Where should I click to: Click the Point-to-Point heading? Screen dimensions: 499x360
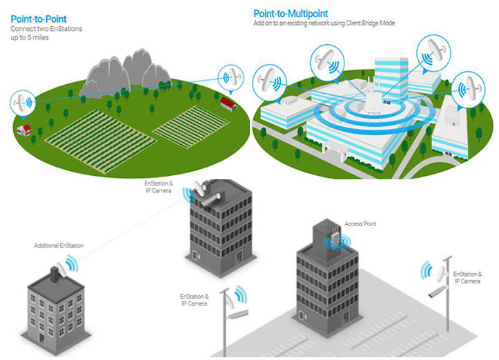39,19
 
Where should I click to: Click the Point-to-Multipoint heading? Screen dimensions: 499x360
291,14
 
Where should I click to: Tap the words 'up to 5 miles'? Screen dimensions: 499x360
30,37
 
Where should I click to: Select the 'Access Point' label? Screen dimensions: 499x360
360,224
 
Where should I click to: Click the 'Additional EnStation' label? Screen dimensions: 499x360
59,246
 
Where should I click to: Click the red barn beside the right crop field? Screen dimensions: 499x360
229,104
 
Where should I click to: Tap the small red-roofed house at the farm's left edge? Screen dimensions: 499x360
24,130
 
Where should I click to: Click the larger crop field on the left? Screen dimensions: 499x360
101,141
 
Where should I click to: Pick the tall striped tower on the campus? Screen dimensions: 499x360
391,77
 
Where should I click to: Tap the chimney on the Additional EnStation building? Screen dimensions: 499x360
55,274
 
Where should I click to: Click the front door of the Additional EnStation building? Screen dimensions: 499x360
41,337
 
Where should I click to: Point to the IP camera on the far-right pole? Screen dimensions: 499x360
437,292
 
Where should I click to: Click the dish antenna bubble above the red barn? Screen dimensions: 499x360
231,78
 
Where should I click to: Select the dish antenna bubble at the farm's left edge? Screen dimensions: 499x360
23,103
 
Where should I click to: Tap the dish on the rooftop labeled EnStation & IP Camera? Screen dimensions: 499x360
201,189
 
